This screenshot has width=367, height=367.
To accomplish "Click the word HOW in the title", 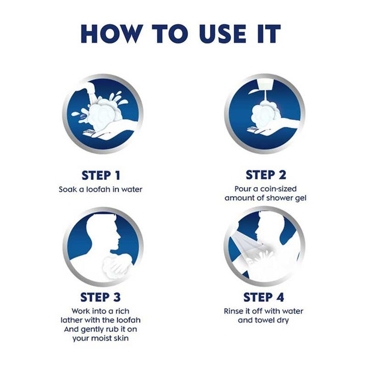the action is point(112,34).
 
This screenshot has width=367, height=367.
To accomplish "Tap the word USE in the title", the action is point(223,34).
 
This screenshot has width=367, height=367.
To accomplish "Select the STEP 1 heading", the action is point(101,175).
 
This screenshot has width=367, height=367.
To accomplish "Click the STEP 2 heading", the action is point(266,175).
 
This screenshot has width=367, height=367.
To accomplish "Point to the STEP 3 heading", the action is point(100,298).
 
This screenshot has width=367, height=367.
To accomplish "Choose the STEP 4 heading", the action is point(264,298).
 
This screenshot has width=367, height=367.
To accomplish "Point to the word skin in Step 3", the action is point(121,338).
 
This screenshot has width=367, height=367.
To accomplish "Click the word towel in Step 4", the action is point(263,320).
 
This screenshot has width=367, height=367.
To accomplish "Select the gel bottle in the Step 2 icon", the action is point(265,84).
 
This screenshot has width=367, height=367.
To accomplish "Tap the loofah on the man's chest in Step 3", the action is point(116,267).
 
